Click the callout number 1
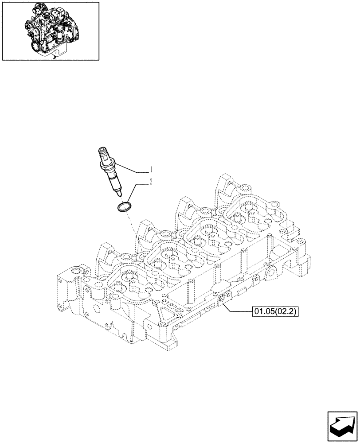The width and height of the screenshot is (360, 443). point(151,169)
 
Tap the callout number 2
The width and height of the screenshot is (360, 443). point(151,181)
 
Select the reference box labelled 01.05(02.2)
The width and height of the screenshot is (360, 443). point(275,312)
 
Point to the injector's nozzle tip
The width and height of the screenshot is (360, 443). point(119,194)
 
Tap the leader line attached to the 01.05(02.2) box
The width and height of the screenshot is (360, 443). point(235,309)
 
